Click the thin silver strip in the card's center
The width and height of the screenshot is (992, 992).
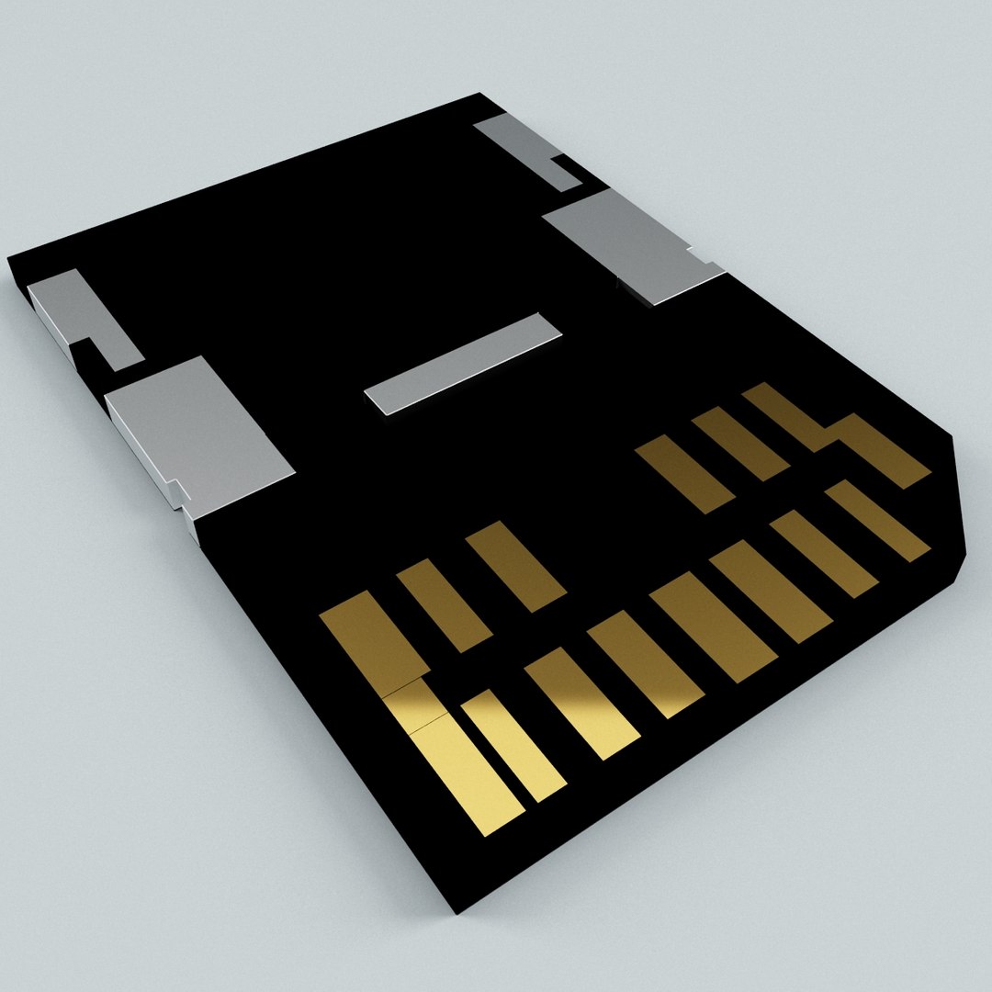(x=463, y=363)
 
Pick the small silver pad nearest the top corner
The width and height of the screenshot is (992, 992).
(x=519, y=147)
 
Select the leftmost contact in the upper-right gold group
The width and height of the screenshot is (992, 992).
(x=684, y=473)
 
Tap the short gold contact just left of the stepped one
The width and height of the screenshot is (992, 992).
(x=739, y=443)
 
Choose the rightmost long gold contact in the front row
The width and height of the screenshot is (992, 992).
(x=877, y=520)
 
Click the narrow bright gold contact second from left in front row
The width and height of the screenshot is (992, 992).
(x=513, y=745)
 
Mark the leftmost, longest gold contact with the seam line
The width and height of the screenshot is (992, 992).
(x=418, y=707)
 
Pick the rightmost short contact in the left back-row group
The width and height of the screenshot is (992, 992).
(x=515, y=566)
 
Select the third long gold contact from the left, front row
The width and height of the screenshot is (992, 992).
(x=581, y=703)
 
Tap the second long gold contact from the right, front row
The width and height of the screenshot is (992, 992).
(x=823, y=553)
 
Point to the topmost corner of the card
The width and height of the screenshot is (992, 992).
(x=479, y=94)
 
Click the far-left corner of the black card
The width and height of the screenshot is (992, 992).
(x=9, y=258)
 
